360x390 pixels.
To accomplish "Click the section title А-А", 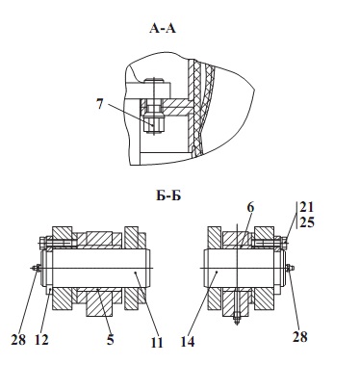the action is click(x=163, y=29).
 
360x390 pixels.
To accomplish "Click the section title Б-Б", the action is click(x=168, y=195).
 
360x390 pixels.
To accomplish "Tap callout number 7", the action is click(x=100, y=104).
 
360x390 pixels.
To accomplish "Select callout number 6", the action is click(x=250, y=207).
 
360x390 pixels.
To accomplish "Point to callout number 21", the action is click(x=307, y=207).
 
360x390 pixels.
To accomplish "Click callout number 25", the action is click(x=307, y=222).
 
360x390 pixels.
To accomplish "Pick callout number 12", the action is click(x=41, y=340).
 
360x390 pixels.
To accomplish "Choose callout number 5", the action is click(x=111, y=340).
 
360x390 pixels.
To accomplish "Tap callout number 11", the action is click(x=157, y=343).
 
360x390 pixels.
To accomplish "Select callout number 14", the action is click(x=188, y=342).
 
